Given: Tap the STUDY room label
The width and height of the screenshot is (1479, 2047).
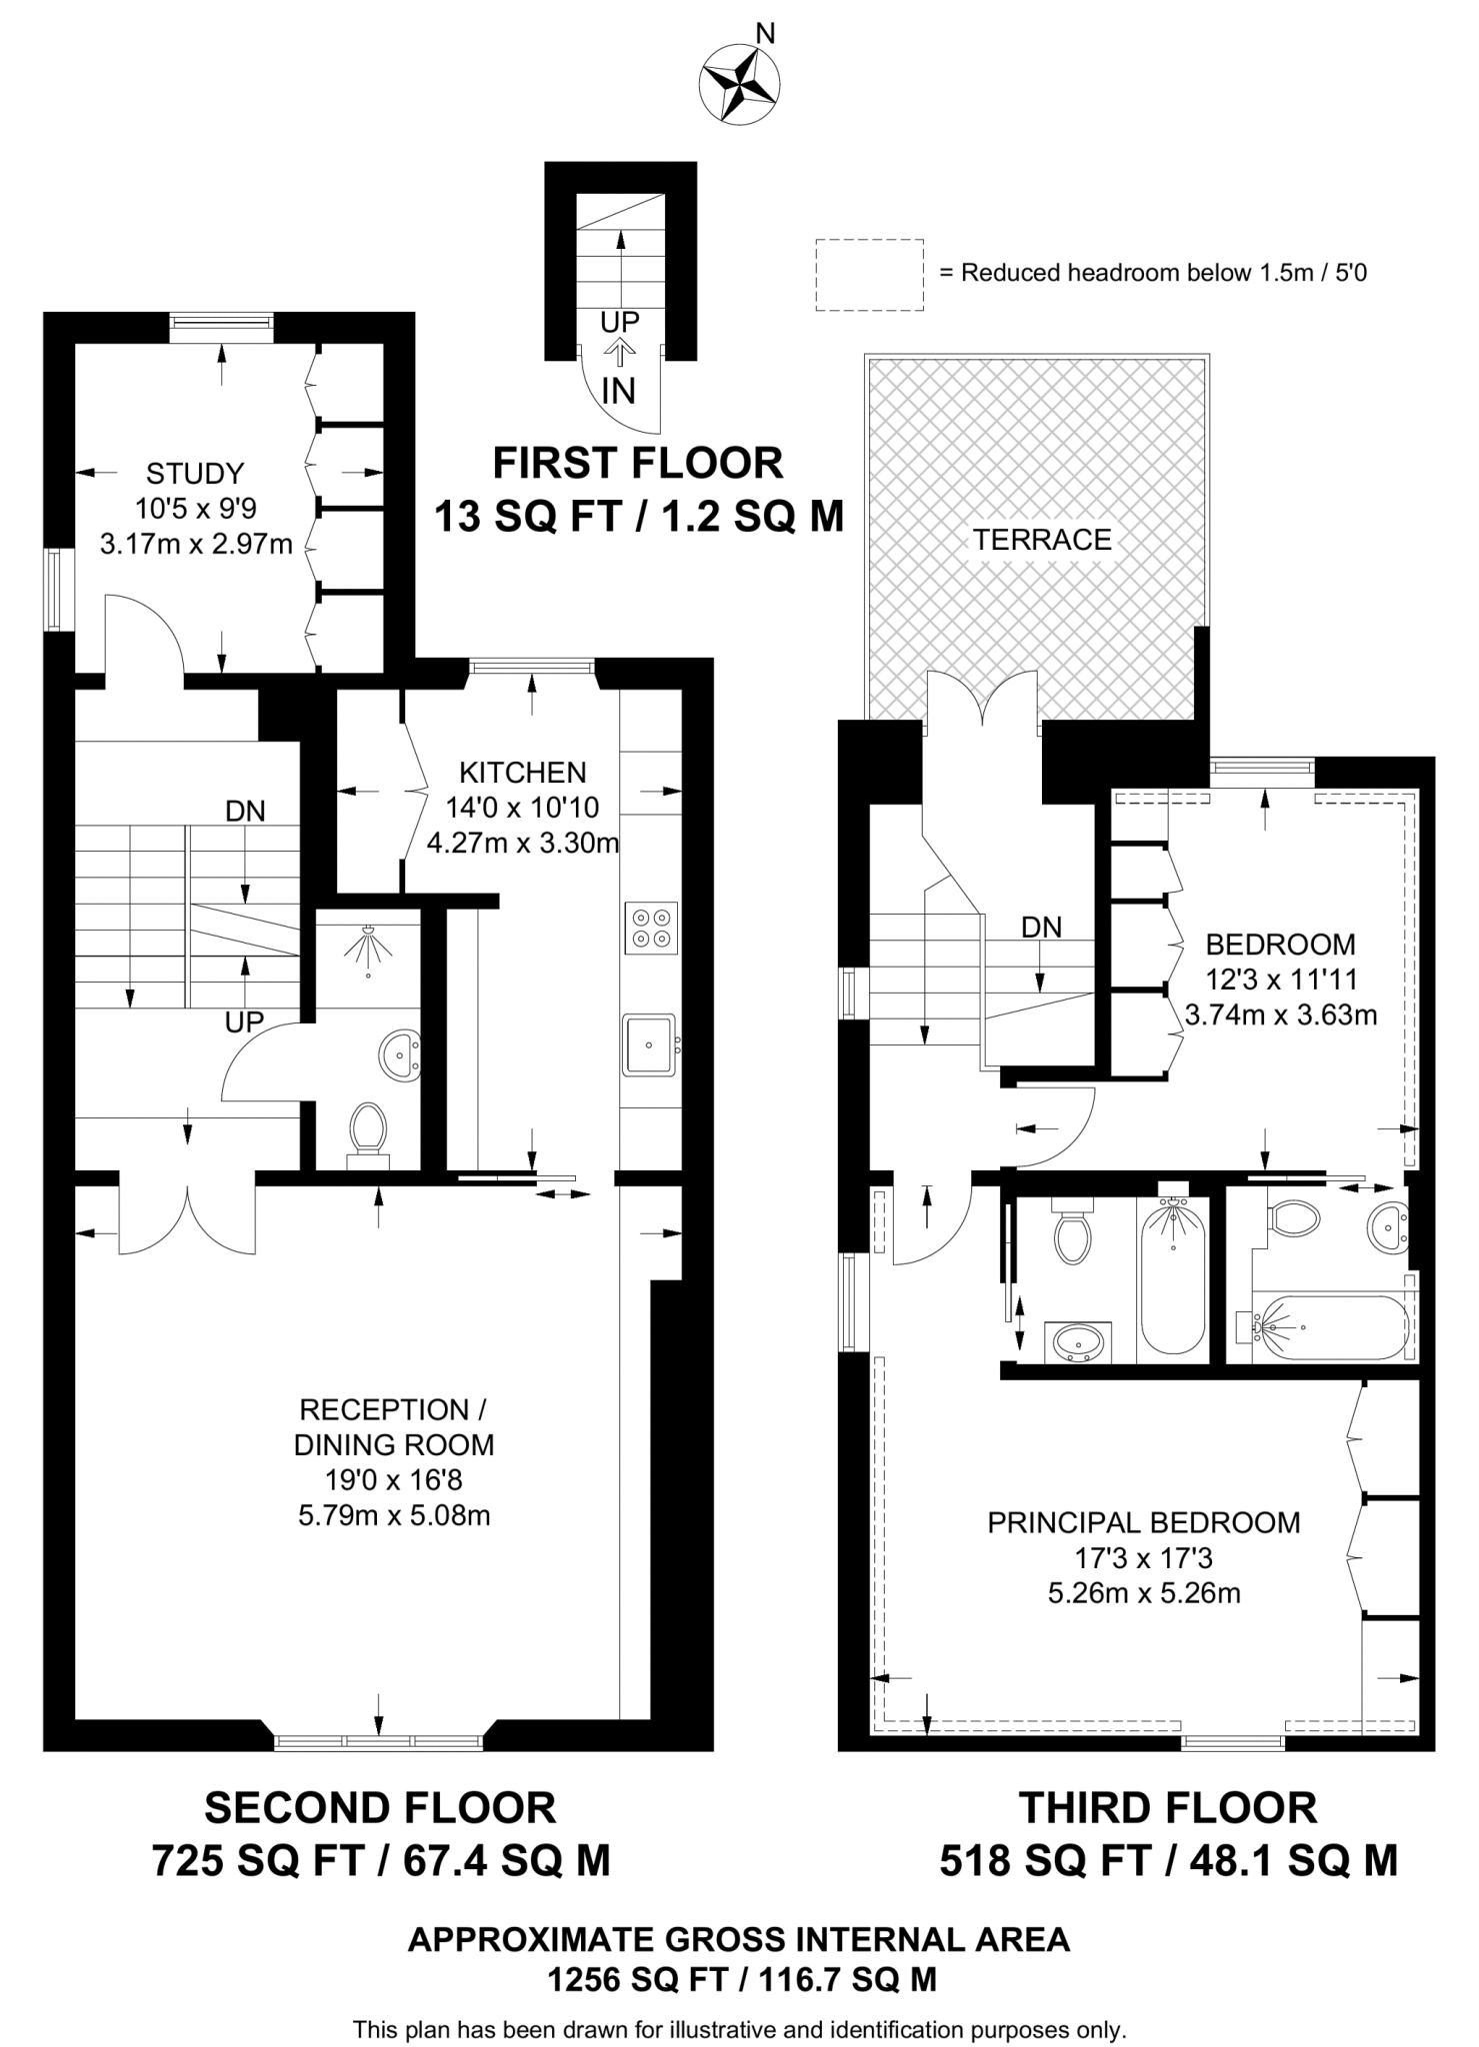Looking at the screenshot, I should click(x=194, y=473).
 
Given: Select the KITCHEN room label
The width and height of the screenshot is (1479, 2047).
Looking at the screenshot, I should click(x=522, y=772).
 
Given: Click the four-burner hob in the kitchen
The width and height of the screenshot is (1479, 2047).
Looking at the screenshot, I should click(x=650, y=928).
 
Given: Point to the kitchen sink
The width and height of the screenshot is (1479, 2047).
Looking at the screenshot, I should click(x=649, y=1044).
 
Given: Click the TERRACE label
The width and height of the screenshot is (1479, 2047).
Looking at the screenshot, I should click(x=1042, y=540).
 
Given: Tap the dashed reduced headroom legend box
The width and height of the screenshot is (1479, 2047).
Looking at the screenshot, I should click(x=868, y=274).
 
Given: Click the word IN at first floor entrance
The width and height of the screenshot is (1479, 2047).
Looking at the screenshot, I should click(x=618, y=391).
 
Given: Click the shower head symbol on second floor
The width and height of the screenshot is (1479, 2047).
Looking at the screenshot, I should click(x=369, y=944).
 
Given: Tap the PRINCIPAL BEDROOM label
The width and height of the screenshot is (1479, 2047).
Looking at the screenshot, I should click(x=1143, y=1523).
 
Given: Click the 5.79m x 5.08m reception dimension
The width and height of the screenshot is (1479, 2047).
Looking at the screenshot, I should click(x=394, y=1516).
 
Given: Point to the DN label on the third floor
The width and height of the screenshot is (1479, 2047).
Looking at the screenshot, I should click(x=1041, y=927).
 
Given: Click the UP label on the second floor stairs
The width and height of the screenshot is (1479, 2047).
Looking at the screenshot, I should click(x=244, y=1022).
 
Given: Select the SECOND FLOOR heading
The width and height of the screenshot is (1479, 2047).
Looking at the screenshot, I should click(x=380, y=1808).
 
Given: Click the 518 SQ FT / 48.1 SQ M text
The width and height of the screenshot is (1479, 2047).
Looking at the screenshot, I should click(x=1167, y=1860).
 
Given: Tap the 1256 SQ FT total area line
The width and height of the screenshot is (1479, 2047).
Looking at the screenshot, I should click(x=740, y=1979).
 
